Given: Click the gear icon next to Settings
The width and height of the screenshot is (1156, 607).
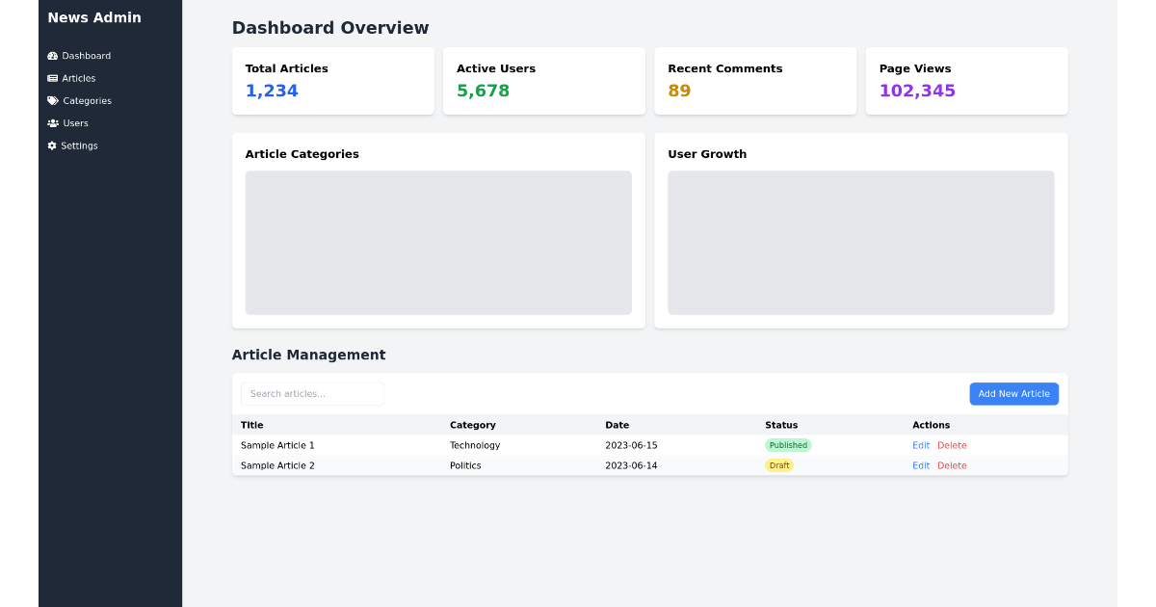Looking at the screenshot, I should [52, 145].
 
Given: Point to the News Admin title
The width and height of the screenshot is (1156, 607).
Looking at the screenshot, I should [94, 17].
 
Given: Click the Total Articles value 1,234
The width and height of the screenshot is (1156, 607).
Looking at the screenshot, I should [272, 91].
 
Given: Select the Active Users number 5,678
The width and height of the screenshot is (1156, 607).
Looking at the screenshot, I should [483, 91].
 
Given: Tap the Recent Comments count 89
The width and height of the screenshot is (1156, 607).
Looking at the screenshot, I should [679, 91].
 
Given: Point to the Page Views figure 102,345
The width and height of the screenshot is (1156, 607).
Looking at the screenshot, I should [917, 91].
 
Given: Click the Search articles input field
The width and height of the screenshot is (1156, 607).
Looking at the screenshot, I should [312, 393].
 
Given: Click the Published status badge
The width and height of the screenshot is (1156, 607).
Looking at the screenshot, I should [788, 445].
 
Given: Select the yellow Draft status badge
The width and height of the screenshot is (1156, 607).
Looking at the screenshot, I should [779, 465].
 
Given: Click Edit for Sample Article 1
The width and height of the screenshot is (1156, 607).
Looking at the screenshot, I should [921, 445].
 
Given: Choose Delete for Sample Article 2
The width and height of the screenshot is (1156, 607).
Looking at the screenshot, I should [952, 465].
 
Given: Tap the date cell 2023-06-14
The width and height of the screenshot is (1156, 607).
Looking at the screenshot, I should [631, 465].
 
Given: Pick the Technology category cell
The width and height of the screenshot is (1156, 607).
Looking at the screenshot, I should [475, 445].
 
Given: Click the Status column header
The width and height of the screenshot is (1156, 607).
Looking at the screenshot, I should [781, 425].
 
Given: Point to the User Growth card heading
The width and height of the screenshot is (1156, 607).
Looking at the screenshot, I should [707, 154].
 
